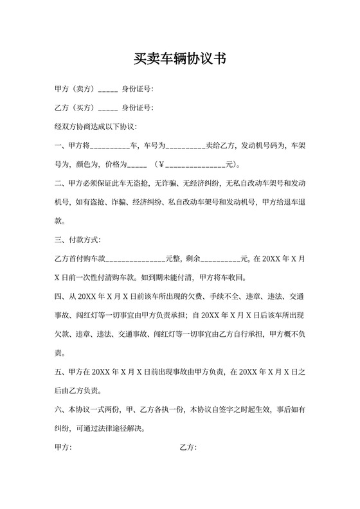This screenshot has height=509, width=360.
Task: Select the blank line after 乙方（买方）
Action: (107, 108)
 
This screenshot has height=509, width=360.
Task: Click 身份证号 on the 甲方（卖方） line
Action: (138, 89)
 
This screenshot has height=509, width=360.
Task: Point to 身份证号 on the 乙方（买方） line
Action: (138, 107)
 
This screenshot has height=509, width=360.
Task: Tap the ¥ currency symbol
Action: (161, 164)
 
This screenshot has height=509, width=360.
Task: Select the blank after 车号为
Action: (186, 146)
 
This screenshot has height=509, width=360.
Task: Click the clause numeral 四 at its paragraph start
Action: (59, 297)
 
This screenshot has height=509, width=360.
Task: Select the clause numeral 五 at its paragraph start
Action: (59, 372)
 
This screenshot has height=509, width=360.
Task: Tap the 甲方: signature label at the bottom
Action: (64, 447)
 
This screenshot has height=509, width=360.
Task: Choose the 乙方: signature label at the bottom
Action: (188, 447)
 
